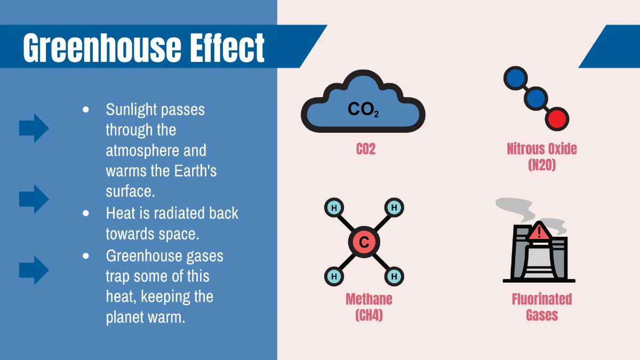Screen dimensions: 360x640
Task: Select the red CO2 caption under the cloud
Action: tap(366, 149)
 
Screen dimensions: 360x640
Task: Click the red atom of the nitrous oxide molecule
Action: tap(557, 118)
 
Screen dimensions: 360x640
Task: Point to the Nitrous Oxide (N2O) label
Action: tap(542, 156)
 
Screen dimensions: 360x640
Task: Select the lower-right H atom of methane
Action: tap(394, 276)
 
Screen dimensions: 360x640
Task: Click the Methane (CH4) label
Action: tap(369, 307)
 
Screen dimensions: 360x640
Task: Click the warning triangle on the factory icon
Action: tap(540, 232)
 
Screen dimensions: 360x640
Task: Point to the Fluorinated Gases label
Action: tap(542, 307)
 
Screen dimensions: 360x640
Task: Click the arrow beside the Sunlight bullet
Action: tap(34, 128)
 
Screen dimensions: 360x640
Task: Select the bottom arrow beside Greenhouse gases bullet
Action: tap(34, 270)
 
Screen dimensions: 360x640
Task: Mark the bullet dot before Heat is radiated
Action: tap(86, 213)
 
